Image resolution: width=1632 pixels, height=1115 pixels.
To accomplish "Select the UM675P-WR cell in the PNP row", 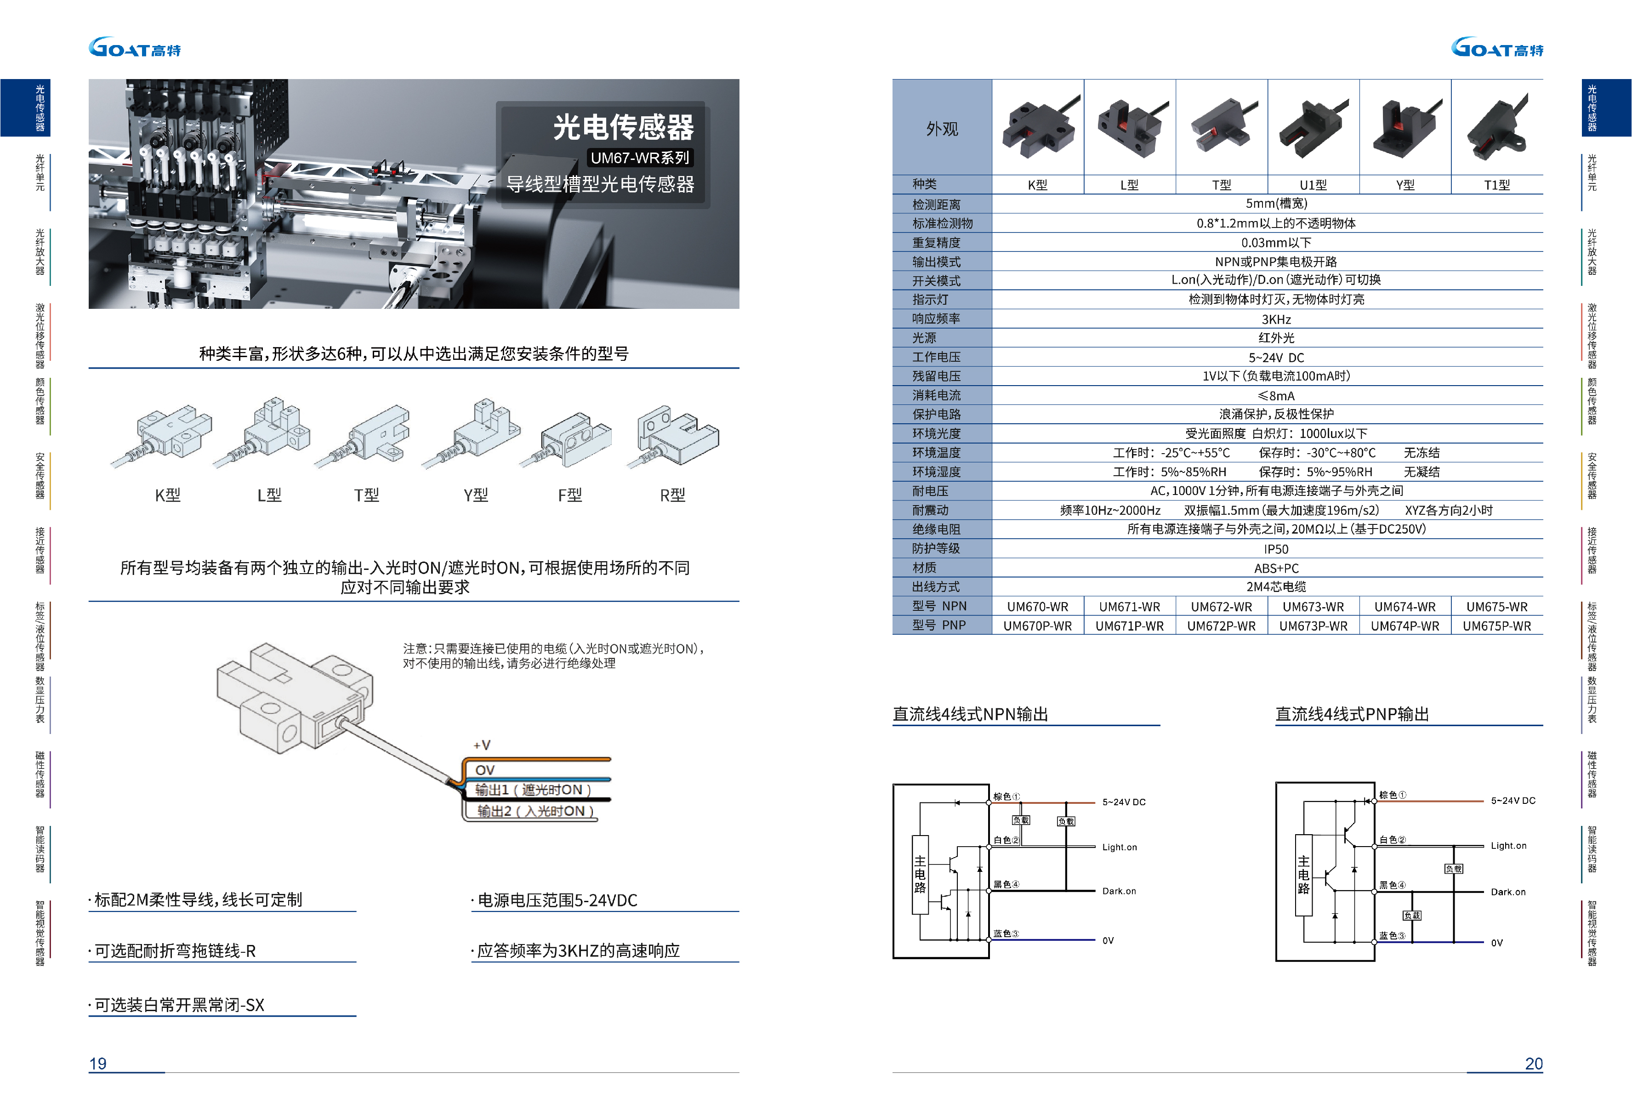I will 1496,626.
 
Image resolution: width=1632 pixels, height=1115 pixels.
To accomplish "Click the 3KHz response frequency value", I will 1276,319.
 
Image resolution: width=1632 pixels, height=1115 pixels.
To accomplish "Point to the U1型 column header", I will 1313,185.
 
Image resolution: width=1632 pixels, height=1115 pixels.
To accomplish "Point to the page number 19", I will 97,1064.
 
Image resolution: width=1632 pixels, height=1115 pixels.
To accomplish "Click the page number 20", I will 1534,1064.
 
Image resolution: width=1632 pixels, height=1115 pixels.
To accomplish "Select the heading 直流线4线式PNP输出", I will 1352,714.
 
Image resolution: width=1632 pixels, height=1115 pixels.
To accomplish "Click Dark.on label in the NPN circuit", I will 1119,891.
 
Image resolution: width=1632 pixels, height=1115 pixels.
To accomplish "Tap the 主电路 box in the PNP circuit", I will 1303,875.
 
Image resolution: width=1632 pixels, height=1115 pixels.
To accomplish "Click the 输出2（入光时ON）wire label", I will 535,811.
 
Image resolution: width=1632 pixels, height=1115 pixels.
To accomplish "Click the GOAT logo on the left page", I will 135,48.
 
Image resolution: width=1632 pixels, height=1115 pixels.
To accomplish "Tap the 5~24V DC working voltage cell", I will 1276,358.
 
